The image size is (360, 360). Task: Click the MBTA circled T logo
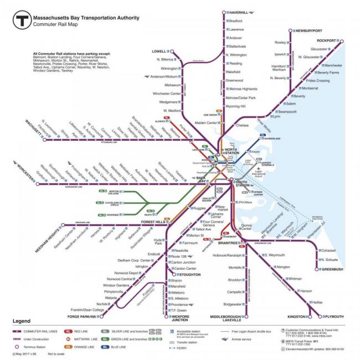click(22, 20)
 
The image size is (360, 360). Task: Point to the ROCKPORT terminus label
click(326, 40)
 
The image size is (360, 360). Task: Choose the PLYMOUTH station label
click(333, 316)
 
